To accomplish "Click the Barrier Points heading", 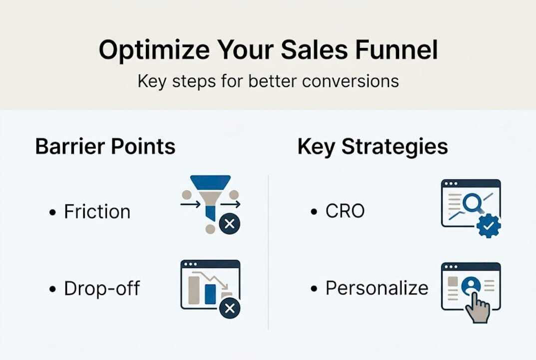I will [105, 146].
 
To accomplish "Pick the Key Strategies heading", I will [372, 146].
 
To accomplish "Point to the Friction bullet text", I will [97, 211].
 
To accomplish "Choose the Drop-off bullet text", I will [102, 288].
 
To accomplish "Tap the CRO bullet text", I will [345, 211].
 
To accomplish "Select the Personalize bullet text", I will [377, 288].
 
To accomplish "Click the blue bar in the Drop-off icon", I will [211, 294].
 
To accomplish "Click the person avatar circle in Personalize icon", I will [471, 285].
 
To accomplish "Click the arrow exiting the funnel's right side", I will [231, 204].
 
